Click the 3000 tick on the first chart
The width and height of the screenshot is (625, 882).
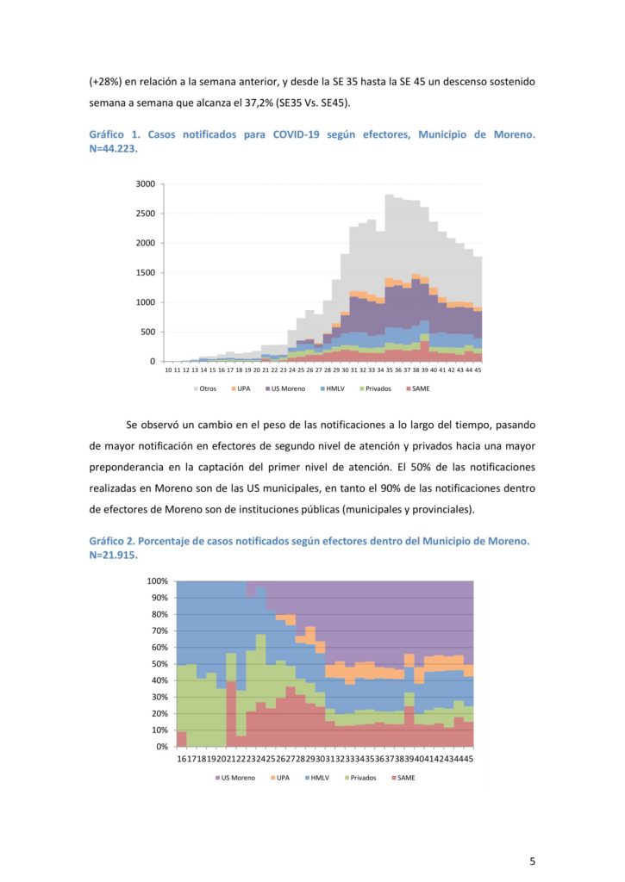click(x=146, y=184)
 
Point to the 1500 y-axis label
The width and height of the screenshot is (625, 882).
click(x=146, y=273)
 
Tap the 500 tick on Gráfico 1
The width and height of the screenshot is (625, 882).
click(x=148, y=332)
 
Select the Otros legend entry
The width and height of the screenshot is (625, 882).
click(x=205, y=388)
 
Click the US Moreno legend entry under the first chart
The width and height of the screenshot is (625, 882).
click(x=284, y=388)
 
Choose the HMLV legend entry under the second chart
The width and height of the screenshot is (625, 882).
click(x=317, y=778)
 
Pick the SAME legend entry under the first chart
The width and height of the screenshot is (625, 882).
click(x=417, y=388)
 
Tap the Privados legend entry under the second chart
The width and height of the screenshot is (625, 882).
click(x=360, y=778)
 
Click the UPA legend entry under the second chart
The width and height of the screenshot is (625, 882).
click(x=280, y=778)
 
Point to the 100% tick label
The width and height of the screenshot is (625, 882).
click(x=158, y=581)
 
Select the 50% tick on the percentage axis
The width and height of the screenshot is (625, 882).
click(x=159, y=664)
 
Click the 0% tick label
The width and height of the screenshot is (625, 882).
click(x=162, y=747)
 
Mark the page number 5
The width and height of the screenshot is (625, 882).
click(x=532, y=860)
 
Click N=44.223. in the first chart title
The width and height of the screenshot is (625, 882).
click(x=113, y=149)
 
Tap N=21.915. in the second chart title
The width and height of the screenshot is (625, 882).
click(x=113, y=556)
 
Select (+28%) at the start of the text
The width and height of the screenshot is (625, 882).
click(x=105, y=82)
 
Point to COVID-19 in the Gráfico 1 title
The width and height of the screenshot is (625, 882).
click(x=297, y=135)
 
